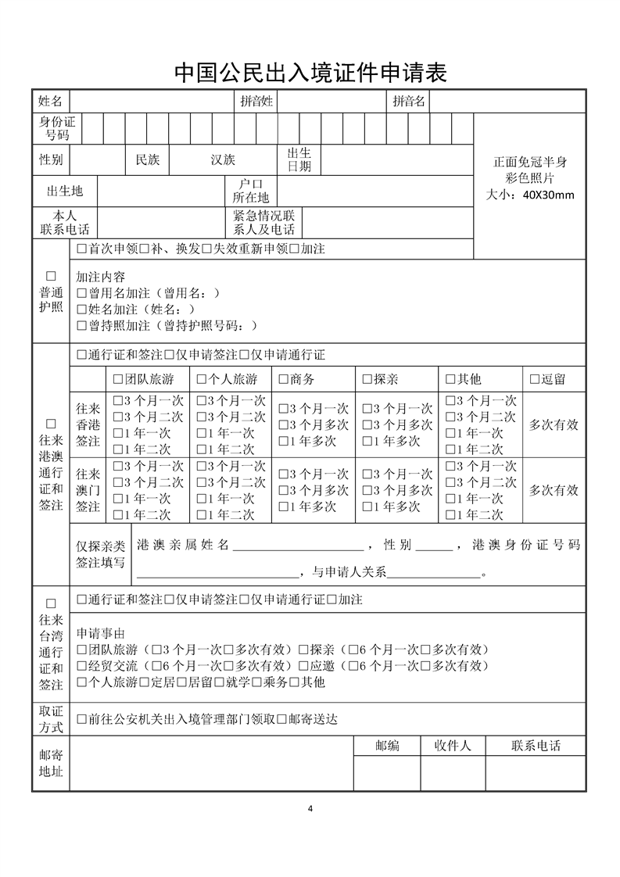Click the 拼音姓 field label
pyautogui.click(x=256, y=101)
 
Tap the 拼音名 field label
pyautogui.click(x=408, y=101)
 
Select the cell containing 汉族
pyautogui.click(x=223, y=159)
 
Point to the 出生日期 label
pyautogui.click(x=299, y=159)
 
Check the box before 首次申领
pyautogui.click(x=81, y=249)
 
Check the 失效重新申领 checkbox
pyautogui.click(x=206, y=249)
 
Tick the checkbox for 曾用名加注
pyautogui.click(x=81, y=293)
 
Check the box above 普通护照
pyautogui.click(x=52, y=277)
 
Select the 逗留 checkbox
pyautogui.click(x=535, y=380)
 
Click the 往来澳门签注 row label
pyautogui.click(x=88, y=490)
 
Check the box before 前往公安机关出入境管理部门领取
pyautogui.click(x=81, y=719)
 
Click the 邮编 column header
pyautogui.click(x=387, y=746)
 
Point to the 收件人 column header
pyautogui.click(x=453, y=746)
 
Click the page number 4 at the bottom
pyautogui.click(x=310, y=808)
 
